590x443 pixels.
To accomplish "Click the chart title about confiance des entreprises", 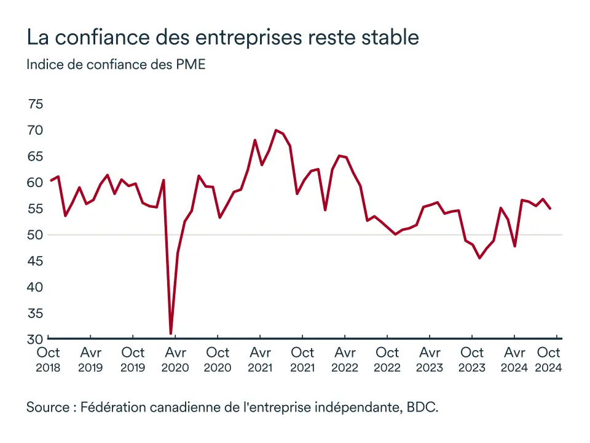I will coord(222,38).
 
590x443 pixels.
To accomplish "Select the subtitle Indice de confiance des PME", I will coord(116,65).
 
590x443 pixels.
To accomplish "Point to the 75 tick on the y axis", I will coord(35,104).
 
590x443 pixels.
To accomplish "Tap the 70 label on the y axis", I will coord(35,130).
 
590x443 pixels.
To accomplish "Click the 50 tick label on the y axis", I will coord(35,235).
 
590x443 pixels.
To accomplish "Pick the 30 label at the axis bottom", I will coord(35,338).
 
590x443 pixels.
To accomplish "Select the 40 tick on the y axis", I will coord(35,287).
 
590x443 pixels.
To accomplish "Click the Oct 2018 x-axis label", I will coord(48,359).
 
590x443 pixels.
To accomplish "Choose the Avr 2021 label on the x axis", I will coord(260,359).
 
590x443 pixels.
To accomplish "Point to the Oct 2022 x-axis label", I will coord(387,359).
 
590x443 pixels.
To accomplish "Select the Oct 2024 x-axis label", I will coord(549,359).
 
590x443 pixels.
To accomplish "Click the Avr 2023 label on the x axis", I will coord(430,359).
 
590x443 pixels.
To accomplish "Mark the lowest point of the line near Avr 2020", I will coord(170,333).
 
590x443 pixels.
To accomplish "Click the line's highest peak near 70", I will coord(276,130).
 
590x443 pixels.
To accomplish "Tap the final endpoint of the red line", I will coord(550,209).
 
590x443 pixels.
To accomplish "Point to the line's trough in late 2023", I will coord(479,258).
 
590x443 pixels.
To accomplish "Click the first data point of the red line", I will coord(50,180).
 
